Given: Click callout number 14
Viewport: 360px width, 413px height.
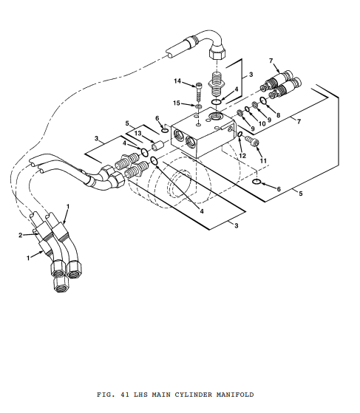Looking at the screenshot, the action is (x=177, y=81).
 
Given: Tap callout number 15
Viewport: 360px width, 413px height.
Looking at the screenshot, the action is (x=177, y=103).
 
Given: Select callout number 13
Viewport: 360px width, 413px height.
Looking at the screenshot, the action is (x=137, y=133).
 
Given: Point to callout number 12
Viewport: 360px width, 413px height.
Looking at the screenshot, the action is (x=242, y=156).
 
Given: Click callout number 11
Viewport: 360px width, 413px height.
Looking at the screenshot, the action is (x=263, y=160).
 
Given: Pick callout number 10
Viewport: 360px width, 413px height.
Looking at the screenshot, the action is (x=262, y=123).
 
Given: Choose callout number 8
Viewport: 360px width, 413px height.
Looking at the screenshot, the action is (x=278, y=115).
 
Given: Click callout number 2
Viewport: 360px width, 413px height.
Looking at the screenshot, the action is (x=21, y=235).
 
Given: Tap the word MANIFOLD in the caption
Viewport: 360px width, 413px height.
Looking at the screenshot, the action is (x=235, y=395).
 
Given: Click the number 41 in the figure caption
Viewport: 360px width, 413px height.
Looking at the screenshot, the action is (x=125, y=395).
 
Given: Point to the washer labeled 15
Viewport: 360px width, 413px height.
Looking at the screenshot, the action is (x=198, y=106).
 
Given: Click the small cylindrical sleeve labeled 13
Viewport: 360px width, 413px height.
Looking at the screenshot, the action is (x=157, y=146).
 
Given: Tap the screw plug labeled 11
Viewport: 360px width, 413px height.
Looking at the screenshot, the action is (x=252, y=141).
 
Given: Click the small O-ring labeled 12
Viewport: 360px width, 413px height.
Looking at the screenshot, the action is (x=240, y=134).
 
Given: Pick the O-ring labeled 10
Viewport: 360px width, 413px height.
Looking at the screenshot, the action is (x=247, y=109).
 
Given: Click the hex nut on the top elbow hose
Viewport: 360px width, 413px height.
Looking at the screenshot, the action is (x=217, y=52).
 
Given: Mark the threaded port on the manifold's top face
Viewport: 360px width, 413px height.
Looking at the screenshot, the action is (x=216, y=115).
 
